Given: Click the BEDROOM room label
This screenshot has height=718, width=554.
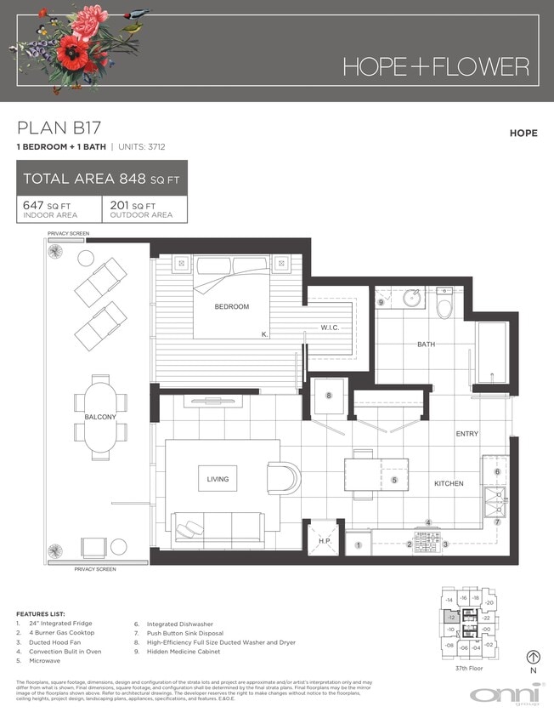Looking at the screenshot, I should [231, 306].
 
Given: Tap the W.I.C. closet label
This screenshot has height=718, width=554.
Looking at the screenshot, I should [331, 328].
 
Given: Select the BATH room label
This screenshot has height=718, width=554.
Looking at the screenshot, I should [426, 345].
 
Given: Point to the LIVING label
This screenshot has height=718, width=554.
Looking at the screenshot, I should [218, 480].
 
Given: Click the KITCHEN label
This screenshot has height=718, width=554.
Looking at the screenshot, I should [449, 483].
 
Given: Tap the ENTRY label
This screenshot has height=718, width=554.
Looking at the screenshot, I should [466, 434].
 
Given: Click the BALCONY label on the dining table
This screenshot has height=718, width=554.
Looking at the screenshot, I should [100, 418].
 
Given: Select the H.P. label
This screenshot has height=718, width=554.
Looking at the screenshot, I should [324, 541].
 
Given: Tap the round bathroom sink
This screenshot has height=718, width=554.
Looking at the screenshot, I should [413, 299].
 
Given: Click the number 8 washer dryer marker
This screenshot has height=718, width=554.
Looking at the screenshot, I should [328, 395].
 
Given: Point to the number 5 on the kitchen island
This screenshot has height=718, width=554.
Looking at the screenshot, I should [394, 480].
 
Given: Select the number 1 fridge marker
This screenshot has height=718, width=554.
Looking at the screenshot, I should [359, 544].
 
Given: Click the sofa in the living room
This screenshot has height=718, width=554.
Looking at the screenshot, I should [218, 528].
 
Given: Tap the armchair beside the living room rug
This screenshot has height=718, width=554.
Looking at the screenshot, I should [284, 477].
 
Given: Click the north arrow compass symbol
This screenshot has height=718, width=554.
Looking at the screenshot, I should [534, 657].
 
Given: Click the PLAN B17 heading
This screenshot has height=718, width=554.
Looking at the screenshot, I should [59, 128].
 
